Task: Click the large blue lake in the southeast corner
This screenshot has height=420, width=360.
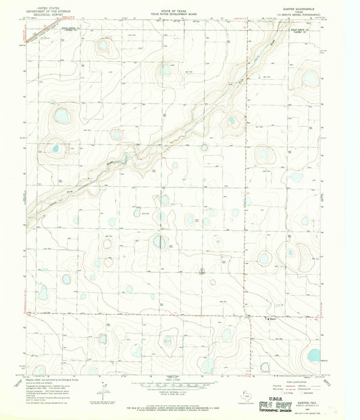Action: coord(313,355)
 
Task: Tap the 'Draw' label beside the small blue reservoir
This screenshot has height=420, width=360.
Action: coord(108,161)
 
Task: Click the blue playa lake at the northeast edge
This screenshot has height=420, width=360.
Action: coord(309,78)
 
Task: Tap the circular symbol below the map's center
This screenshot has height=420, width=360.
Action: coord(203,271)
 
